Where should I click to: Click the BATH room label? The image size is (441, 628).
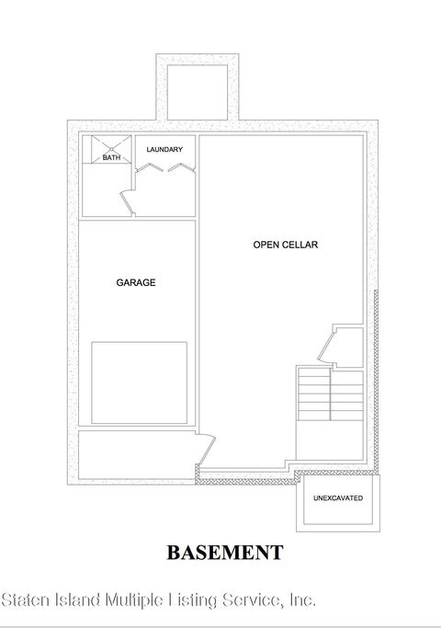[110, 158]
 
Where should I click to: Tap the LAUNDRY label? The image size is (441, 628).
[164, 149]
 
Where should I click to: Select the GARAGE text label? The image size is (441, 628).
[135, 282]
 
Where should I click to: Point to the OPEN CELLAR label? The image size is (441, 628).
[278, 245]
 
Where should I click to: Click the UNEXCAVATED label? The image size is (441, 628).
[338, 497]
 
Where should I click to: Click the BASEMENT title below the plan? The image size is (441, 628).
[224, 553]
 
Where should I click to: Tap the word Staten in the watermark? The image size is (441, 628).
[28, 600]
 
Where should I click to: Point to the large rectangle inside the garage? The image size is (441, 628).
[139, 382]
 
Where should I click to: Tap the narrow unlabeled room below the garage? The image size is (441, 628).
[136, 455]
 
